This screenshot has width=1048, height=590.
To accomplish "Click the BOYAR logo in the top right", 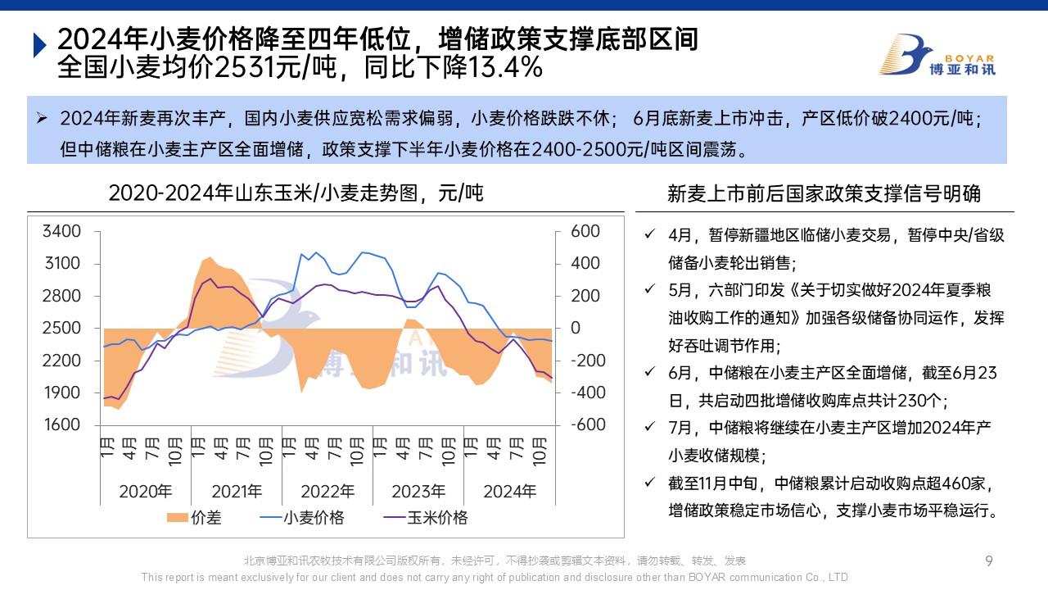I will pos(937,55).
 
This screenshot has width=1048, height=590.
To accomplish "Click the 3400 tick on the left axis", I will pos(62,232).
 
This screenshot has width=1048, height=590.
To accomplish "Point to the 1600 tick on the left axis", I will pos(62,425).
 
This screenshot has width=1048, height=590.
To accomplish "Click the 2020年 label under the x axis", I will pos(146,492).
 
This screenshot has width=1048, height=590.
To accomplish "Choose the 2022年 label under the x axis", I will pos(327,492).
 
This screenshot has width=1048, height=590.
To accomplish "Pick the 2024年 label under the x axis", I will pos(509,492).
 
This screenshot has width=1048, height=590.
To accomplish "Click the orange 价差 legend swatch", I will pos(177,518).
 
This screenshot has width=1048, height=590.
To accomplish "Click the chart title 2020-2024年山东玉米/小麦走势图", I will pos(296,193).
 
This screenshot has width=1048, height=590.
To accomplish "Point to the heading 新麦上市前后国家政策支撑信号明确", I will pos(824,194).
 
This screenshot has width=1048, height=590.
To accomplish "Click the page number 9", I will pos(989,561).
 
